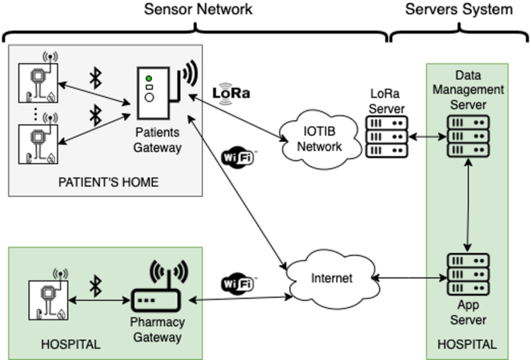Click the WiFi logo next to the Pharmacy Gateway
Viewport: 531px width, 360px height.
click(x=239, y=283)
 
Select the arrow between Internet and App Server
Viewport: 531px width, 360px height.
click(x=406, y=277)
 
